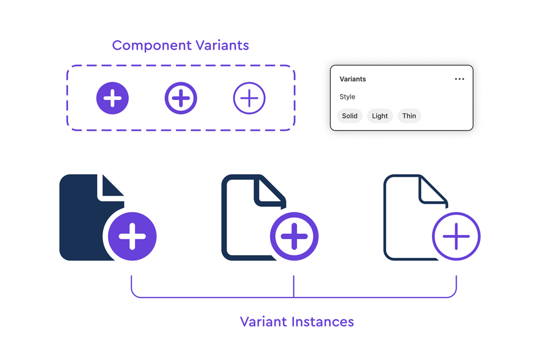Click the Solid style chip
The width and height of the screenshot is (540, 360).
350,116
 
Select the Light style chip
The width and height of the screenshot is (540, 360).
380,116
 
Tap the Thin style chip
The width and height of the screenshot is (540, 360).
409,116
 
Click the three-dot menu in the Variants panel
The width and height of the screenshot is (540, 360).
460,79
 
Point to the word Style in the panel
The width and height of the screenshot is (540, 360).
347,97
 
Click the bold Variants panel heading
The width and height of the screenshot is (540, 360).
353,79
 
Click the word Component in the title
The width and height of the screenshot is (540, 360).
152,46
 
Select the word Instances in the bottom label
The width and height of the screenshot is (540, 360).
323,322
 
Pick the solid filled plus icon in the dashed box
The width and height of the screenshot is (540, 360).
112,98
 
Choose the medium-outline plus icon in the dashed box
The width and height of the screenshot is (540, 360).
181,98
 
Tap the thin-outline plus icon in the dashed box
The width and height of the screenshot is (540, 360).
249,98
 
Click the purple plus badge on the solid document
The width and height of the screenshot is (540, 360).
133,237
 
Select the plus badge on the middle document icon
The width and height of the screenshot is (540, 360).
294,237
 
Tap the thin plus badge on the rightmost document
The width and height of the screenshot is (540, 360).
457,237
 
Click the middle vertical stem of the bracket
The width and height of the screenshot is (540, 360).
294,286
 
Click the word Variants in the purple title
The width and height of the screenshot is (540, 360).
222,45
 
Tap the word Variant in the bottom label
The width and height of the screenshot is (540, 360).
263,322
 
